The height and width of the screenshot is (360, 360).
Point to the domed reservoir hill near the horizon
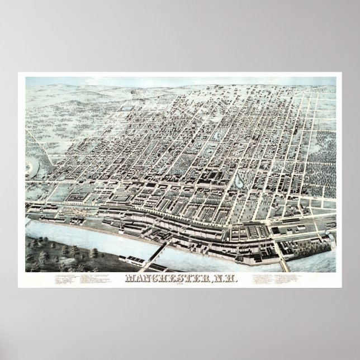tap(134, 92)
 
